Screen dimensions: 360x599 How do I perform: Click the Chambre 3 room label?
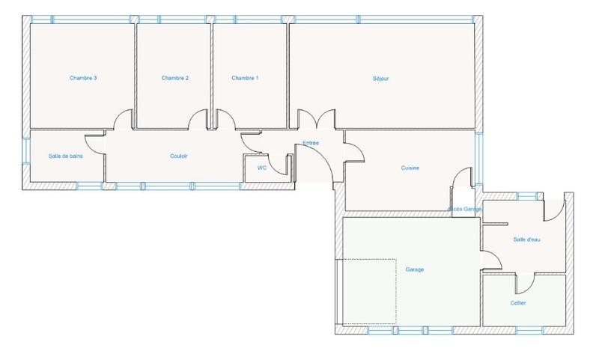point(83,78)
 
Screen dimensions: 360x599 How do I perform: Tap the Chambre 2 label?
point(174,78)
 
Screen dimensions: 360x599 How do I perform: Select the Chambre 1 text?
point(245,78)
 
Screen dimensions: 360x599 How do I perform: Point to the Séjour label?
point(381,78)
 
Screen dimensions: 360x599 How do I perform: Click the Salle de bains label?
point(65,156)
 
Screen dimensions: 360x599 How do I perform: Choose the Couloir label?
point(179,156)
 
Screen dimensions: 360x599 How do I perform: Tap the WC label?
point(262,168)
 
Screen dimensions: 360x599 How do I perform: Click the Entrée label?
point(311,142)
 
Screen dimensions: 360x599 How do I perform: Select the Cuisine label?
point(410,168)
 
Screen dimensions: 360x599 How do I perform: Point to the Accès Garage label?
point(464,209)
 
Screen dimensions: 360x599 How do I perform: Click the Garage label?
point(415,269)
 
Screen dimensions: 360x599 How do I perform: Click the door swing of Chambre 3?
point(124,120)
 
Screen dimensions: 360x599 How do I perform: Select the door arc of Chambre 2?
point(198,120)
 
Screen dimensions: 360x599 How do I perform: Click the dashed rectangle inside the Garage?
point(367,292)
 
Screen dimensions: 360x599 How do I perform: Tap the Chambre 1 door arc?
point(222,120)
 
